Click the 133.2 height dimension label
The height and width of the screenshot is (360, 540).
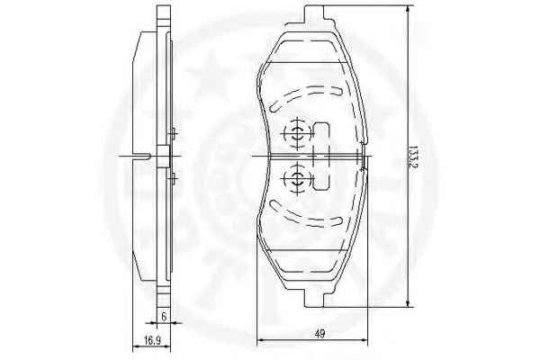point(413,157)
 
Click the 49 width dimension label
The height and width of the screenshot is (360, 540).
point(319,334)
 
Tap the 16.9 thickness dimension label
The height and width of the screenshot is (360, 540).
point(153,341)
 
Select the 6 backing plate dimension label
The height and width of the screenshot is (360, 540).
point(164,316)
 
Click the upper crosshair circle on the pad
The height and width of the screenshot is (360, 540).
point(297,133)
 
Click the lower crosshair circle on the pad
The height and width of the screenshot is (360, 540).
point(297,178)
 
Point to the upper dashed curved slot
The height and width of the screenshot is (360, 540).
point(305,97)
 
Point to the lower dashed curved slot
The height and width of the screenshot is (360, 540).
point(305,213)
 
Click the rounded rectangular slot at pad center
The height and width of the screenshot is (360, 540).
point(321,156)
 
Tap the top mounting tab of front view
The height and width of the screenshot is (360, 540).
point(314,14)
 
